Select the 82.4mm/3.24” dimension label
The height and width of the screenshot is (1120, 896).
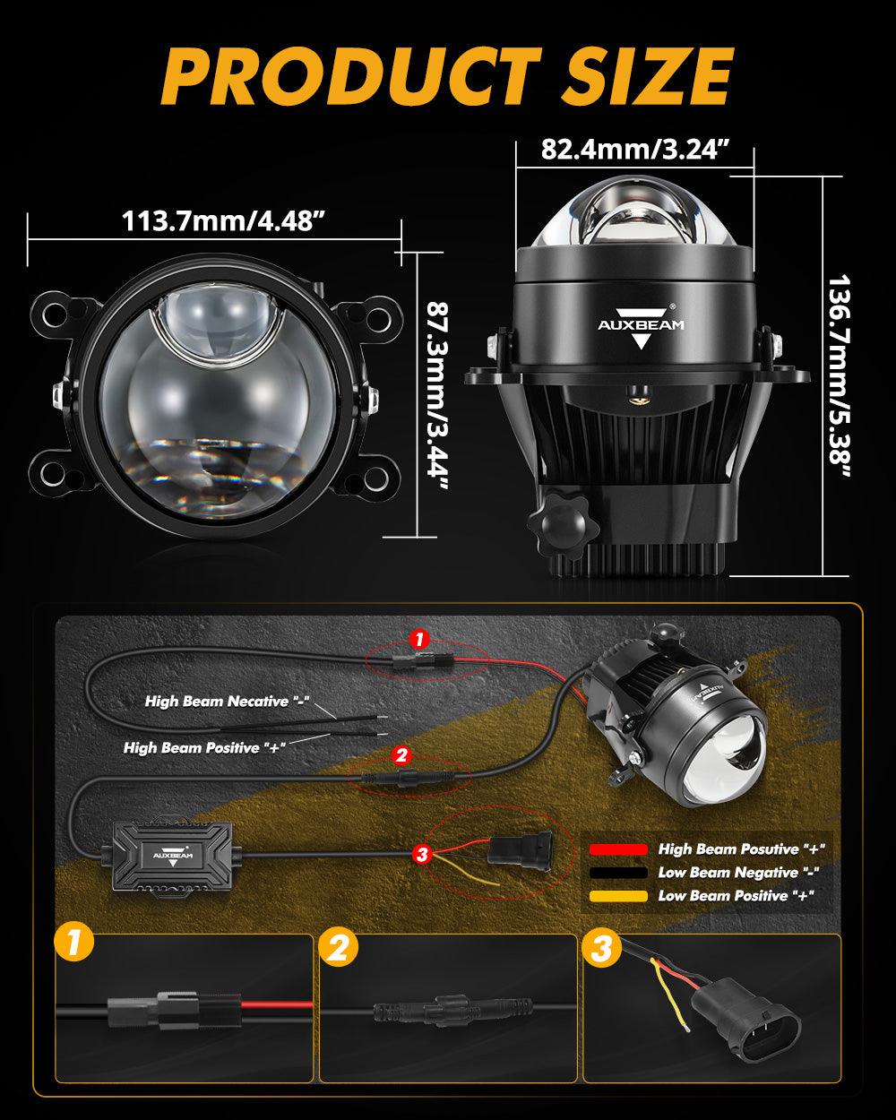(634, 150)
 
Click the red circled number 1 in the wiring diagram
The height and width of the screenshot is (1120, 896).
(419, 640)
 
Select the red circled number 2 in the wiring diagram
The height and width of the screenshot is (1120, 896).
(401, 755)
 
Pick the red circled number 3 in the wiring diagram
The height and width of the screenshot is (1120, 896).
(422, 854)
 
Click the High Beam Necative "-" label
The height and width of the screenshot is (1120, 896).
(227, 701)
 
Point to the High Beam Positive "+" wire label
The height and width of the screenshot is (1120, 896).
(204, 748)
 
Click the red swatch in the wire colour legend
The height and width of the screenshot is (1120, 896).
(618, 849)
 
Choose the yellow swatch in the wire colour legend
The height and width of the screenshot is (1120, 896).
(618, 896)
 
